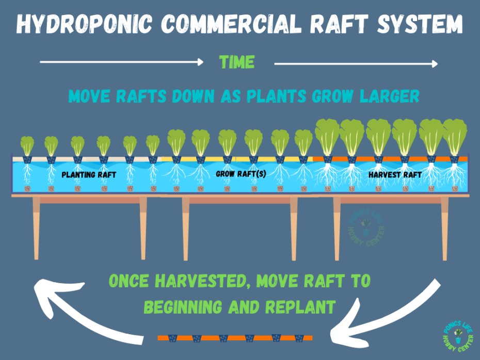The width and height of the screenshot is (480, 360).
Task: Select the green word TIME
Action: coord(237,62)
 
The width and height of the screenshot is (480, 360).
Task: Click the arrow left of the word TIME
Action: coord(122,62)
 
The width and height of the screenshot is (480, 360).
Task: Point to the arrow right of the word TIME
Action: coord(356,63)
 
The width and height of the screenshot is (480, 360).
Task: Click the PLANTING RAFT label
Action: coord(89,175)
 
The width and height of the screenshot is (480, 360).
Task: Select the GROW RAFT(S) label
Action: coord(241,174)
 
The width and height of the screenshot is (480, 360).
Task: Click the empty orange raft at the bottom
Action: coord(235,338)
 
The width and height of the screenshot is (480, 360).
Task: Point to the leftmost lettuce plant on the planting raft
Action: coord(27,146)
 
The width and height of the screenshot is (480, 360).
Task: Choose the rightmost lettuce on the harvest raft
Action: coord(455,137)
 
